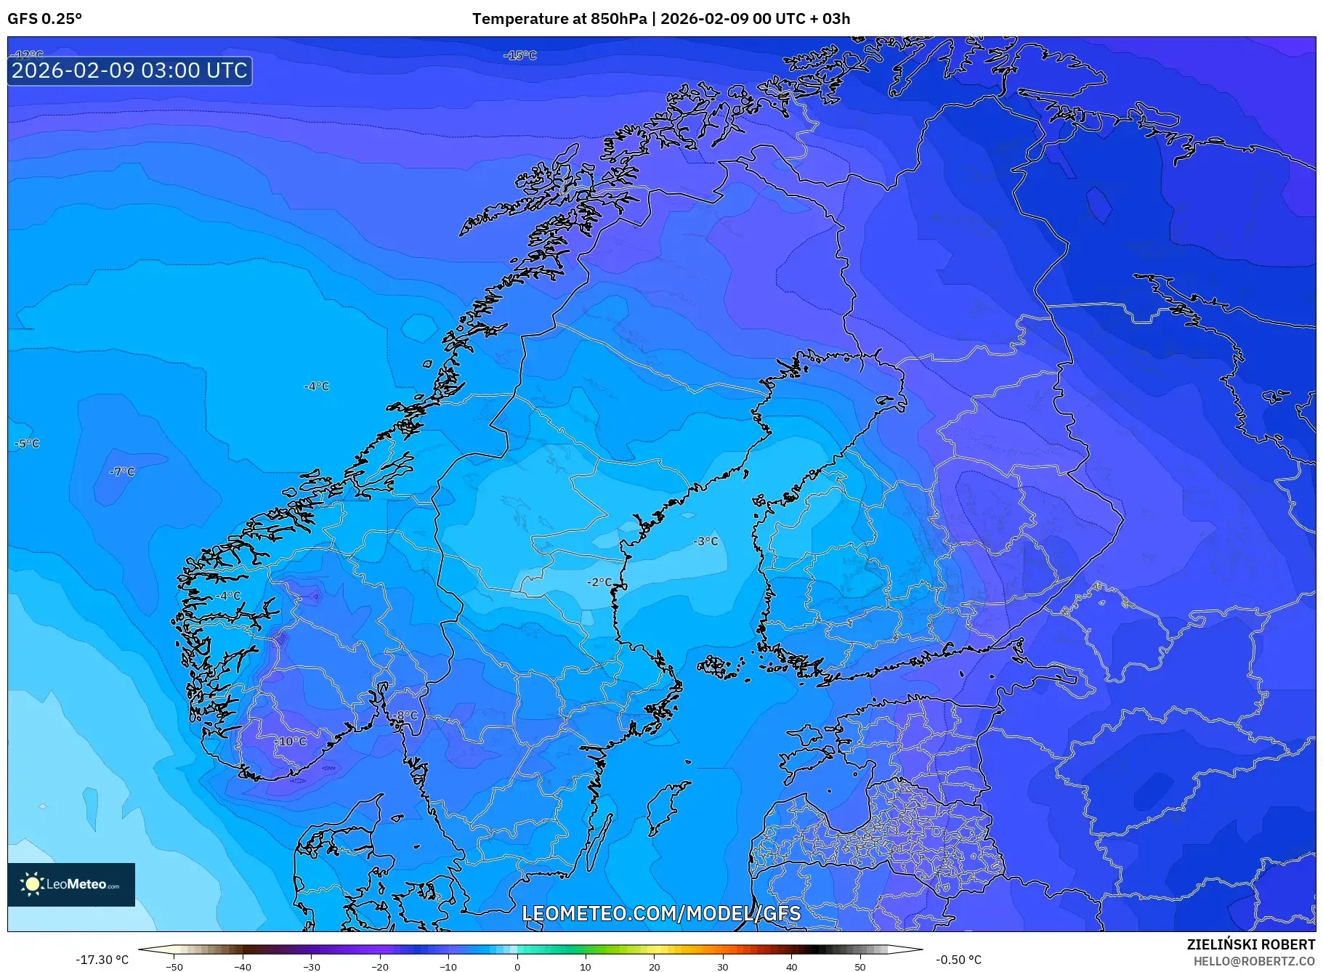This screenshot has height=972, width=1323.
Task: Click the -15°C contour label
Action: pyautogui.click(x=520, y=55)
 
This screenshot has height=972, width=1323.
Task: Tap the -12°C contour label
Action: pyautogui.click(x=29, y=55)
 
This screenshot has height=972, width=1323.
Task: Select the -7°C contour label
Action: pyautogui.click(x=122, y=471)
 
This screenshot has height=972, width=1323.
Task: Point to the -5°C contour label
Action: pyautogui.click(x=27, y=444)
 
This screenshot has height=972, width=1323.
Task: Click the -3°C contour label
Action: pyautogui.click(x=705, y=541)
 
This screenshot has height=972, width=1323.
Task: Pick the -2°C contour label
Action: pyautogui.click(x=599, y=583)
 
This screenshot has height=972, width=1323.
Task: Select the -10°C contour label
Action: pyautogui.click(x=292, y=742)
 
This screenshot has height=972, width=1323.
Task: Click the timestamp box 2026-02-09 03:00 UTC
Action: pyautogui.click(x=130, y=70)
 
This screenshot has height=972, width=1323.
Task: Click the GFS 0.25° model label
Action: pyautogui.click(x=45, y=19)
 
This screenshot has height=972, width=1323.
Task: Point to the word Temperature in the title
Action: pyautogui.click(x=518, y=19)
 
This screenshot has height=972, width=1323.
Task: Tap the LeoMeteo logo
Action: pyautogui.click(x=71, y=884)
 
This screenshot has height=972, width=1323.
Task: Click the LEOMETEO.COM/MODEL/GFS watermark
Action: pyautogui.click(x=661, y=913)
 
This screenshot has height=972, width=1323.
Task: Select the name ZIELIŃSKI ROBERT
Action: pyautogui.click(x=1250, y=944)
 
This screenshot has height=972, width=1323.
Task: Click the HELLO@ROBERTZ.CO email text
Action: pyautogui.click(x=1254, y=960)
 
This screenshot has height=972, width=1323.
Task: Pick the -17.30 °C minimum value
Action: pyautogui.click(x=102, y=960)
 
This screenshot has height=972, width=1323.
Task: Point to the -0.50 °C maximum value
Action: pyautogui.click(x=958, y=960)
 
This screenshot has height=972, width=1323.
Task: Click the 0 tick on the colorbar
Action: pyautogui.click(x=517, y=967)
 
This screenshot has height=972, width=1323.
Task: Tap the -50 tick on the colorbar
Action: pyautogui.click(x=174, y=967)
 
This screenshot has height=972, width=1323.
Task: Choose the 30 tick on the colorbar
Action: pyautogui.click(x=723, y=967)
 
